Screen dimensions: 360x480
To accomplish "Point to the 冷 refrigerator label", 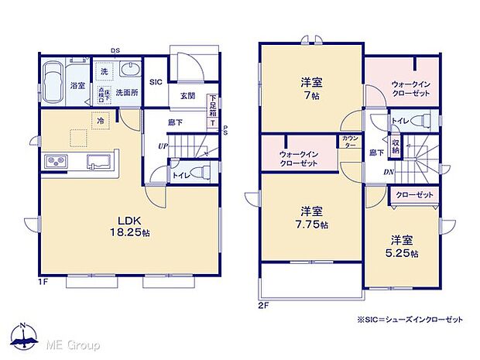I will (x=101, y=120).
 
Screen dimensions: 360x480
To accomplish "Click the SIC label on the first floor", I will (x=155, y=81).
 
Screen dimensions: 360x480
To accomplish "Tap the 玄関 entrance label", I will (x=187, y=96).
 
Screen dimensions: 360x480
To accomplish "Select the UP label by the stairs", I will (x=163, y=146).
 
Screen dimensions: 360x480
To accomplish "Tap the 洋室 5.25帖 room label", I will (x=402, y=246).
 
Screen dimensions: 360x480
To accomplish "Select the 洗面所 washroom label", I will (x=127, y=91).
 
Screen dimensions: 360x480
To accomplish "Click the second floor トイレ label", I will (x=401, y=122).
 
